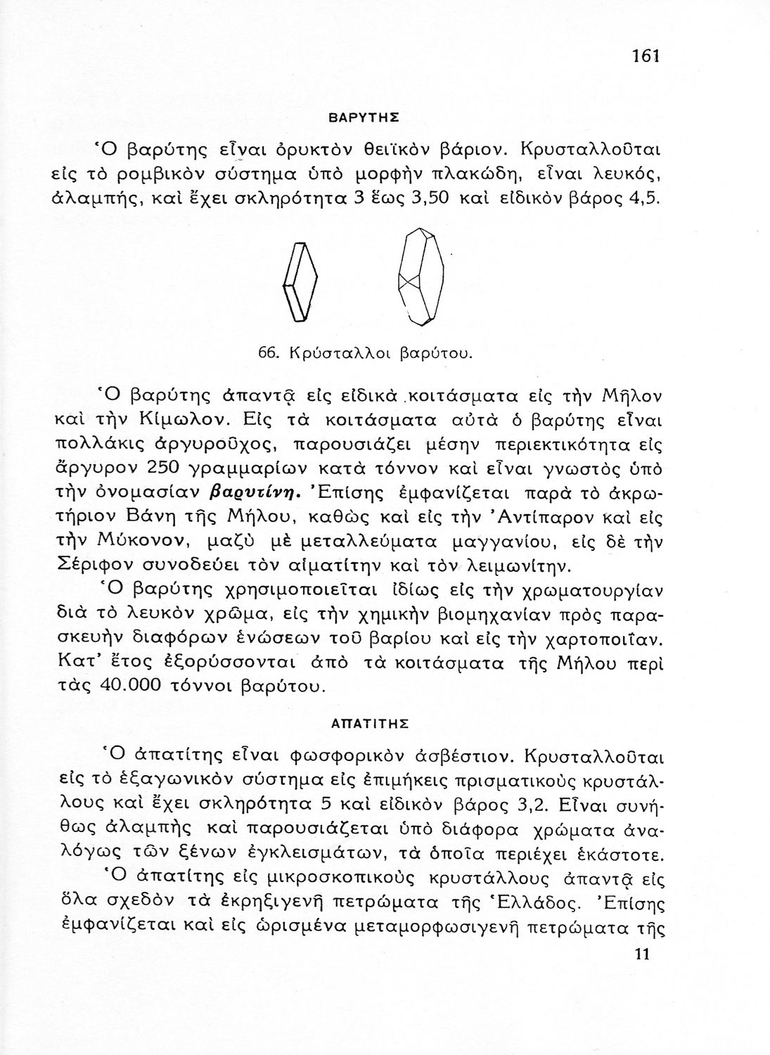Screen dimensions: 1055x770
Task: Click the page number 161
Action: [x=644, y=56]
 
